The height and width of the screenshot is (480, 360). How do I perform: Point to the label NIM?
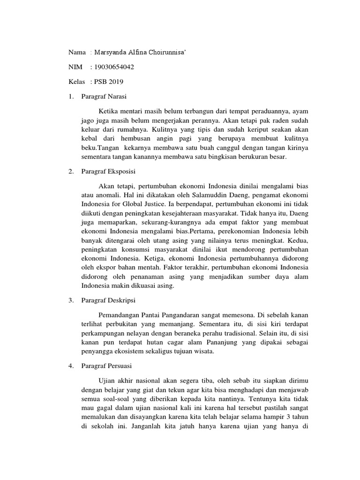click(75, 67)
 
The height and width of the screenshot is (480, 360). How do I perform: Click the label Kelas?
click(77, 82)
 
